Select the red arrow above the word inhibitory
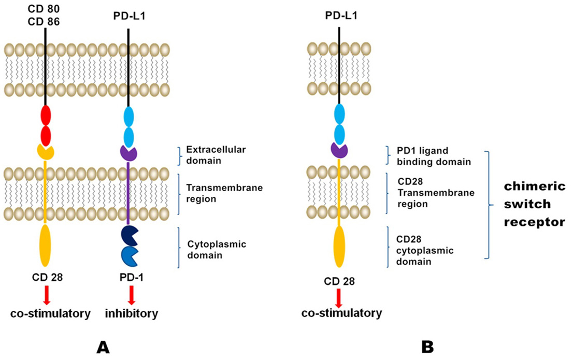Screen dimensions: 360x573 pos(131,294)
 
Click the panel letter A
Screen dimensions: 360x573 pos(104,346)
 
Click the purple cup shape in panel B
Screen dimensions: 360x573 pos(339,150)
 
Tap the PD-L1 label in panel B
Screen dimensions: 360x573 pos(339,16)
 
